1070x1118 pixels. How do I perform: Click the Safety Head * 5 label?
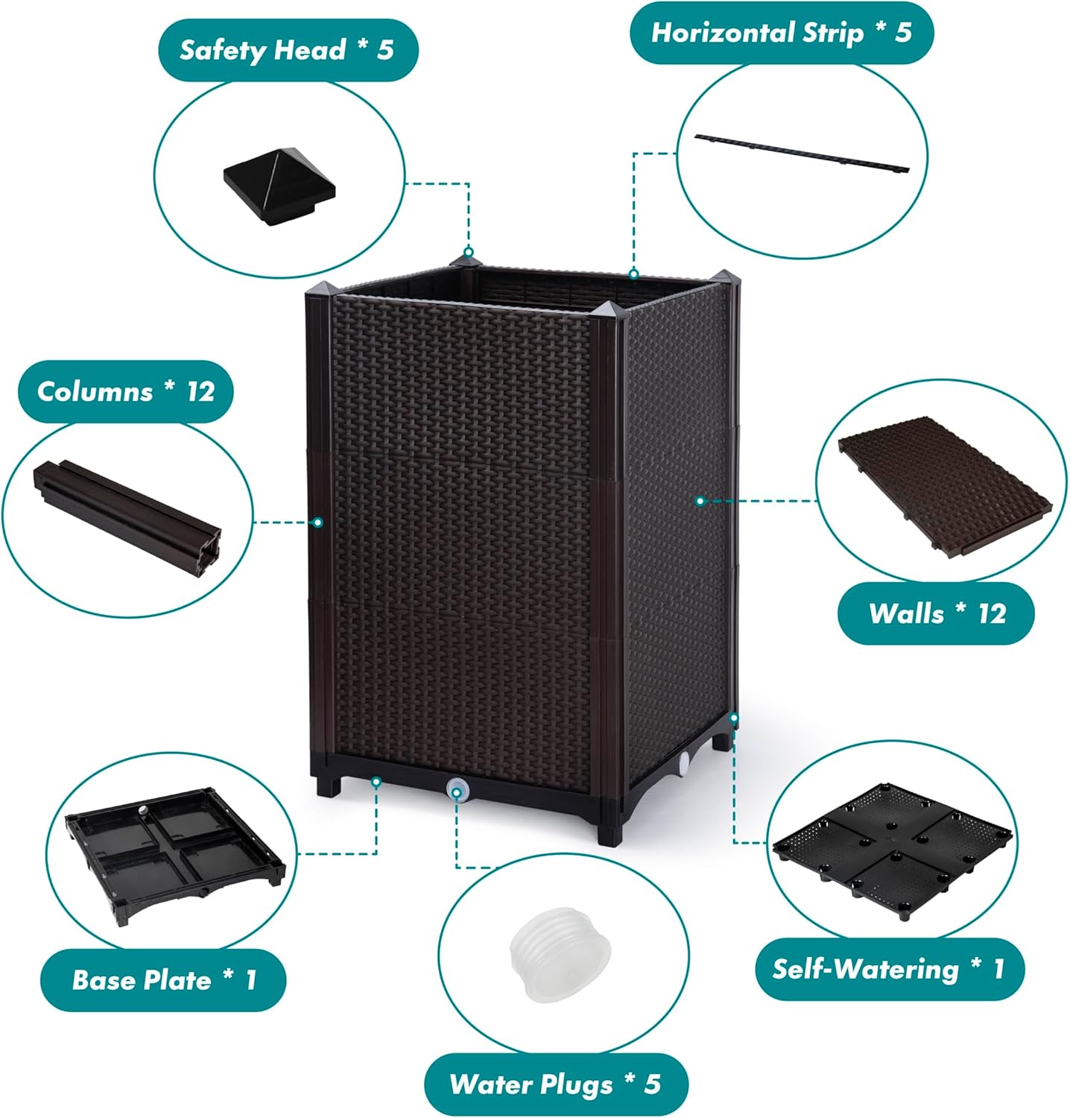pos(288,51)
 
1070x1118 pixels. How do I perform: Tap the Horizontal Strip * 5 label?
pos(781,33)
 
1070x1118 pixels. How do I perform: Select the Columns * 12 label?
pos(125,391)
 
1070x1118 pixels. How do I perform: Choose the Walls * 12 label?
pos(937,613)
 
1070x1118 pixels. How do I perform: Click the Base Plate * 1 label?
pos(163,979)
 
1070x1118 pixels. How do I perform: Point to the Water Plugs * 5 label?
pos(555,1084)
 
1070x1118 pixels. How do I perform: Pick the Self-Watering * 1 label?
pos(887,969)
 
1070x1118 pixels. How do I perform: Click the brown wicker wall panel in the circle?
pos(943,487)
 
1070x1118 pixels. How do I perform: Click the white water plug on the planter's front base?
pos(455,789)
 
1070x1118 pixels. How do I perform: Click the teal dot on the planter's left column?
pos(318,522)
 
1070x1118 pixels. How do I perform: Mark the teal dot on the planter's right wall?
pos(700,501)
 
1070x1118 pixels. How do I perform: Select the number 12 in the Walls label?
pos(992,613)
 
